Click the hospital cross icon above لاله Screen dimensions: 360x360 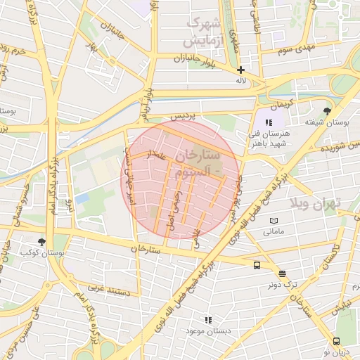[x=240, y=70]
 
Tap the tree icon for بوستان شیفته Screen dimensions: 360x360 [x=327, y=111]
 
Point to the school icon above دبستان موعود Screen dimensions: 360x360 [x=207, y=320]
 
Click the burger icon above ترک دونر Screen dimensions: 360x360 [x=282, y=274]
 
